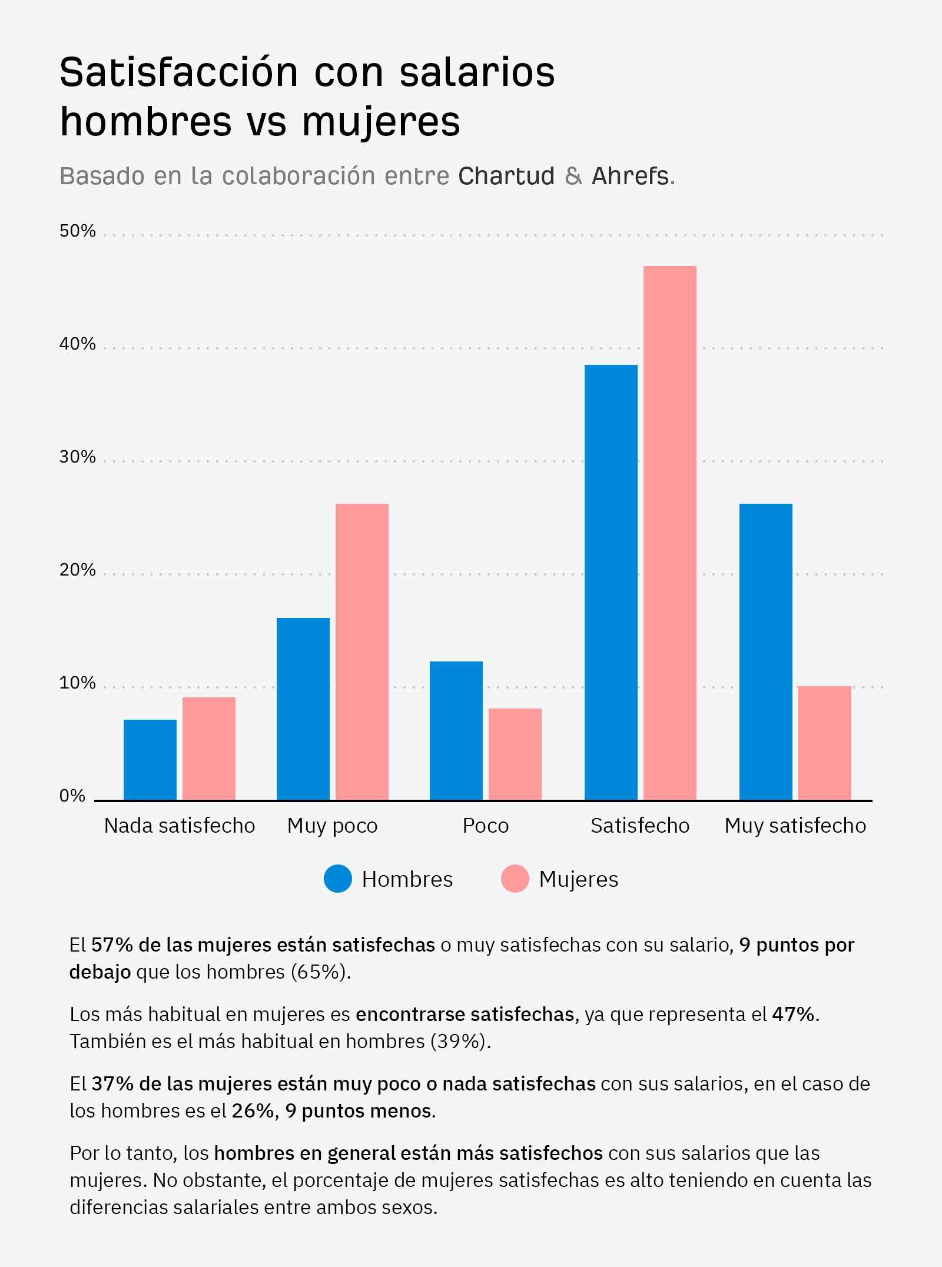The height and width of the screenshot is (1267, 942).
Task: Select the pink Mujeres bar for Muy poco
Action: (361, 651)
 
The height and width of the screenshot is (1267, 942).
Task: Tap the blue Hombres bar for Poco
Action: (456, 730)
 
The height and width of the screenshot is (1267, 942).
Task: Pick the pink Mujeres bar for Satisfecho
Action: (669, 533)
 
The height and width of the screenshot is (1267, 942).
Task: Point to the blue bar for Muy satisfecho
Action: (765, 651)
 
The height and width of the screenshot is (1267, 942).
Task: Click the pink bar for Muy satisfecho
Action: (824, 743)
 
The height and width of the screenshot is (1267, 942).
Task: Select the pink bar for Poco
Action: (515, 754)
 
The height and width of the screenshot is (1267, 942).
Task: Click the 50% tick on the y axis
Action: (77, 231)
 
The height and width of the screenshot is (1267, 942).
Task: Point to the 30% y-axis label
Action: (77, 457)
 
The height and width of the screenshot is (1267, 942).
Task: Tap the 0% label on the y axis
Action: (72, 796)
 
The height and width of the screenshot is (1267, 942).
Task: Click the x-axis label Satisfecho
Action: (640, 826)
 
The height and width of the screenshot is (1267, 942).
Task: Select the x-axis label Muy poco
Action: (332, 826)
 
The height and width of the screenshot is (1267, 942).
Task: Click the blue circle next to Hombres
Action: (338, 879)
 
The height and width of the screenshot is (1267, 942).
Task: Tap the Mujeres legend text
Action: (578, 879)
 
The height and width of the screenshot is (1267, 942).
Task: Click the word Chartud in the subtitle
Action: (506, 176)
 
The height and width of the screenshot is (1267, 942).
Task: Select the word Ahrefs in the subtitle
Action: (630, 176)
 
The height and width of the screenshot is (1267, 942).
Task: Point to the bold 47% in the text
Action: (794, 1014)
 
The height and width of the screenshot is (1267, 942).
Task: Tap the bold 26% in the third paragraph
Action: (253, 1110)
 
